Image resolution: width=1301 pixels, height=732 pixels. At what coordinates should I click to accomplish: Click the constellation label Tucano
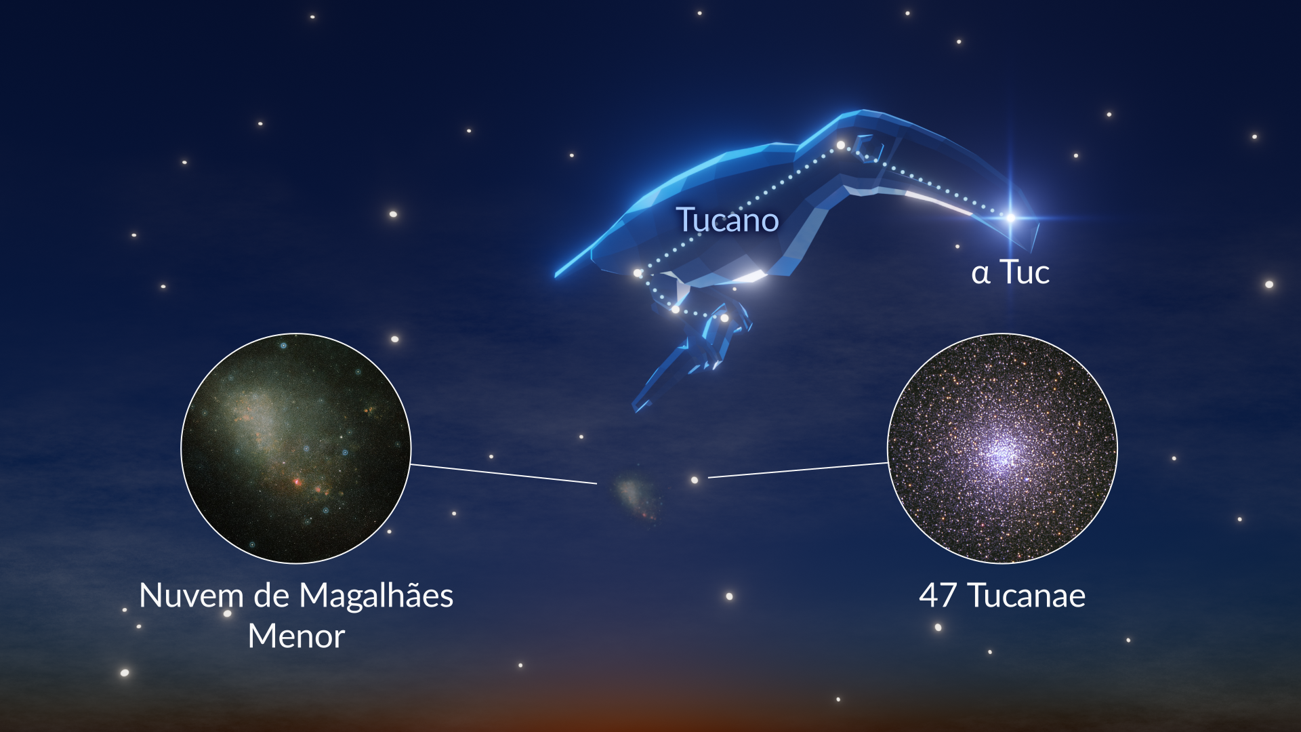tap(728, 220)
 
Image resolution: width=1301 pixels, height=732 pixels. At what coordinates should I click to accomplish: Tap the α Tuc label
tap(1010, 272)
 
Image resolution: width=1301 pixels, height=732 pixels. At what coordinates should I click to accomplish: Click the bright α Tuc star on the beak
tap(1010, 218)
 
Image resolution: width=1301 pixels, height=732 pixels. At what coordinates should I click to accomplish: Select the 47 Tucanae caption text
tap(1002, 596)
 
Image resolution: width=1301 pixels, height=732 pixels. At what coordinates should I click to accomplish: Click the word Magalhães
tap(376, 596)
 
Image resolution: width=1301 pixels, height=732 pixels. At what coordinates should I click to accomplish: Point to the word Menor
tap(296, 636)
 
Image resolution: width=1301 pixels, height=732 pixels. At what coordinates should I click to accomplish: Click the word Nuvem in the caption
tap(191, 596)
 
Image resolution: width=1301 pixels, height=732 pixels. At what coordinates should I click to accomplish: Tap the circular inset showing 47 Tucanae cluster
tap(1002, 448)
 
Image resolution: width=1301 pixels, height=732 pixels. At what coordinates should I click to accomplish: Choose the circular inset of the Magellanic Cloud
tap(296, 448)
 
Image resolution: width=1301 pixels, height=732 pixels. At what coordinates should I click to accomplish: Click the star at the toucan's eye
tap(840, 145)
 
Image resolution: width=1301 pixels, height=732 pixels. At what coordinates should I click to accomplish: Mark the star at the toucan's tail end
tap(638, 273)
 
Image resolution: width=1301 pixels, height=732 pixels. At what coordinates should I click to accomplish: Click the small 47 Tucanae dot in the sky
tap(694, 480)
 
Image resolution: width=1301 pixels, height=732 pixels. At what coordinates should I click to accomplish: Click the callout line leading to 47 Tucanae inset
tap(798, 470)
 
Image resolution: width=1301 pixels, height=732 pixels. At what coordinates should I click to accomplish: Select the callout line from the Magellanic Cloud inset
tap(503, 474)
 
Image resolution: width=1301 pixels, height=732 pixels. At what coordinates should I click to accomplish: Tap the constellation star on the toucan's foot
tap(724, 318)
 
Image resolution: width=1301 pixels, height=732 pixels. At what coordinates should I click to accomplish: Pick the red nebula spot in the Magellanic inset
tap(297, 482)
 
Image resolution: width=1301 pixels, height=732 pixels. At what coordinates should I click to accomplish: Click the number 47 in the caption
tap(938, 596)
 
